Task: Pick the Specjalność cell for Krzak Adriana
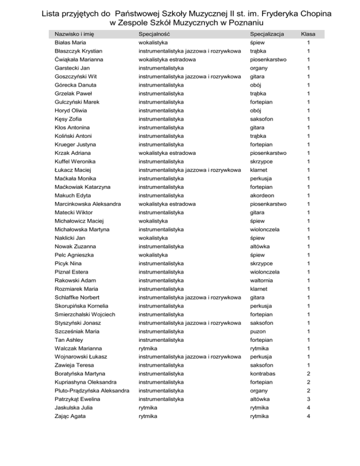(164, 153)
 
